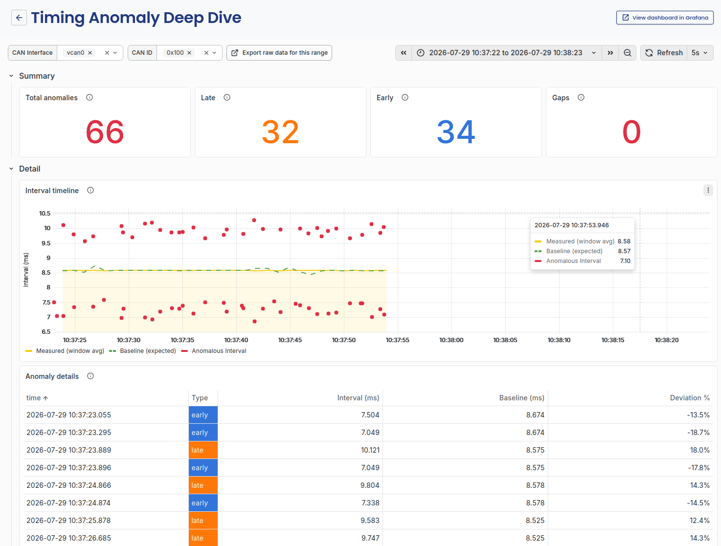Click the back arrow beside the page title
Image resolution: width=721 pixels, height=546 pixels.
(19, 18)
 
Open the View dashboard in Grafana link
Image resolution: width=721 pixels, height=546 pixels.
(664, 18)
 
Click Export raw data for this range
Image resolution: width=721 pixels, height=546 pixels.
(279, 53)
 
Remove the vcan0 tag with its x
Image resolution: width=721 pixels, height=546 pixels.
(90, 53)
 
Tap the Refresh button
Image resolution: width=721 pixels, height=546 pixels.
(664, 53)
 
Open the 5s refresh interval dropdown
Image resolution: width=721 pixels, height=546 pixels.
(699, 53)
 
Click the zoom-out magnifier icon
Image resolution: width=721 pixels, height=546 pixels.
(628, 53)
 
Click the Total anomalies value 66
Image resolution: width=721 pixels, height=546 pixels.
(105, 131)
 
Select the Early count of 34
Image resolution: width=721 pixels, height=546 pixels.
(456, 131)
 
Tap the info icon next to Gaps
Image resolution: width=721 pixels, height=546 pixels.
(581, 97)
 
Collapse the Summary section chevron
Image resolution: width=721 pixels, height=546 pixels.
(11, 76)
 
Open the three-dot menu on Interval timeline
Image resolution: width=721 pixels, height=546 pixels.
(708, 190)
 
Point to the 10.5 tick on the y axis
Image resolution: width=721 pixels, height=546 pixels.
(45, 213)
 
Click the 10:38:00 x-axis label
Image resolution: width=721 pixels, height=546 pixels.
(451, 340)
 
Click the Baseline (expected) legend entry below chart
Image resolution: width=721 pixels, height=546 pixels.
(143, 351)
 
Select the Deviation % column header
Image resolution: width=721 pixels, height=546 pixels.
(690, 398)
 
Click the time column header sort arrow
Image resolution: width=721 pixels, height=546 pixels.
(45, 398)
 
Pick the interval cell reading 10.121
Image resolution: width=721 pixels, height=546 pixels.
(370, 450)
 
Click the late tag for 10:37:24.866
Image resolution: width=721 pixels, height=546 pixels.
(203, 485)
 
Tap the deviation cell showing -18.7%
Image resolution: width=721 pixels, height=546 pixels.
(698, 433)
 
